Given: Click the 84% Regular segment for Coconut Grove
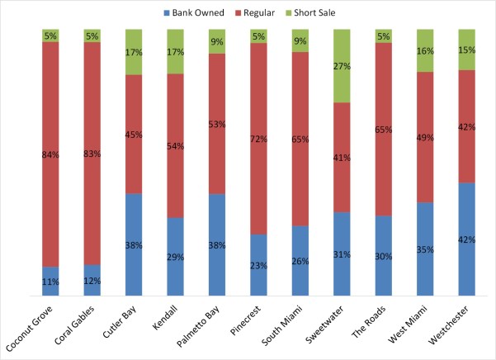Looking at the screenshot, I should (51, 154).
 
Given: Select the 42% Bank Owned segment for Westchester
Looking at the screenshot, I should (467, 239).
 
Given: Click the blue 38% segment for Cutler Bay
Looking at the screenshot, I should (134, 244).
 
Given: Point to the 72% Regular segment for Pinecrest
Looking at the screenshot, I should (258, 139).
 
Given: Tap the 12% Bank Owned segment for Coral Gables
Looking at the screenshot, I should (92, 280).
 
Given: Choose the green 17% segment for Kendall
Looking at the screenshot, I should (176, 51).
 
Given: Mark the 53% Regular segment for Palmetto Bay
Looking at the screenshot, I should (217, 124).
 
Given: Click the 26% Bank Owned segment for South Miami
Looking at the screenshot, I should (300, 260).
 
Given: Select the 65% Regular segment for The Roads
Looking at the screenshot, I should (384, 130).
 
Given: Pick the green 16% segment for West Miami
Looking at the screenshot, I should (425, 50).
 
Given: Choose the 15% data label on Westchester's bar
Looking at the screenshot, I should (467, 50).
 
